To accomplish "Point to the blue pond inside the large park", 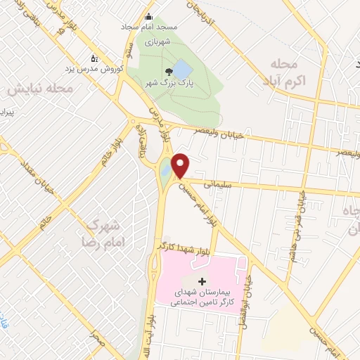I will [181, 69].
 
